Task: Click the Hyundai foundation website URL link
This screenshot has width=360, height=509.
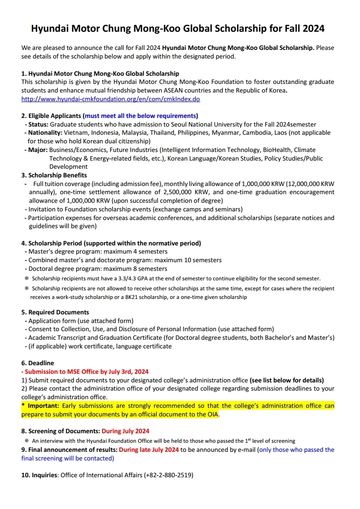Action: (110, 99)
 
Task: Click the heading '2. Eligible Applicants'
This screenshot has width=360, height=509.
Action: (52, 116)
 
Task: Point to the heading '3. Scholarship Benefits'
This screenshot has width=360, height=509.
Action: (54, 175)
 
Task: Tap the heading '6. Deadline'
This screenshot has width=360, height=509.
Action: (38, 363)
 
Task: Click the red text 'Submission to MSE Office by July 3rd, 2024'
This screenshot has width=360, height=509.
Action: (87, 372)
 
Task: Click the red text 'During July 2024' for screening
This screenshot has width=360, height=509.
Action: (125, 431)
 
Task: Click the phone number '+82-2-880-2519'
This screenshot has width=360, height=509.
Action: (168, 475)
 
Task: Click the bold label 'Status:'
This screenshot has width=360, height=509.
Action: (38, 124)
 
